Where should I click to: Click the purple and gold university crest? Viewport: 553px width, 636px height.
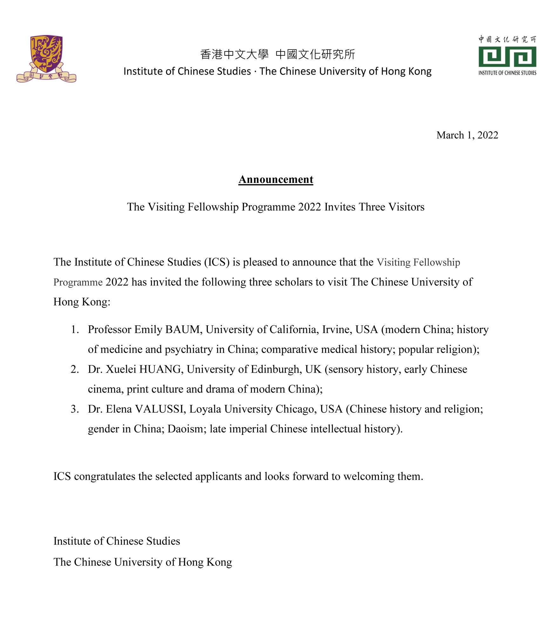click(x=46, y=59)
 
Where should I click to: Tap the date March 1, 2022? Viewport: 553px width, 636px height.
click(x=467, y=135)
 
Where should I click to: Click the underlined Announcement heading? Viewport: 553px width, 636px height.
click(x=276, y=179)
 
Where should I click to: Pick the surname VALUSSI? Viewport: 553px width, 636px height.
click(x=160, y=409)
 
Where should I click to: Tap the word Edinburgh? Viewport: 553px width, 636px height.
click(x=276, y=369)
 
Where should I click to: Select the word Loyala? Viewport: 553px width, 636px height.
click(x=205, y=409)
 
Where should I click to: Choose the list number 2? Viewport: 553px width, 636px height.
click(x=74, y=369)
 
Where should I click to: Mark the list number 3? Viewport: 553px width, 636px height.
click(x=74, y=409)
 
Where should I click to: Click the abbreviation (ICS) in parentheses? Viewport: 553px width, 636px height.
click(x=217, y=262)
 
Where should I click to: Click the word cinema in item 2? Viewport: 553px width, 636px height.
click(x=105, y=389)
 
